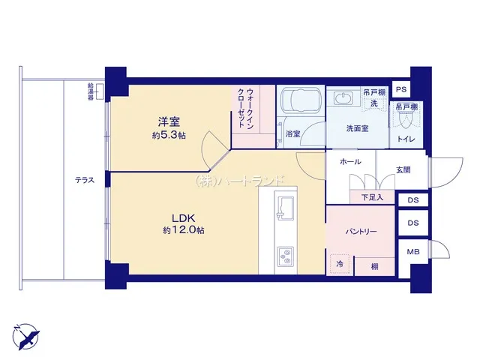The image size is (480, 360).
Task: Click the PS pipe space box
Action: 401,89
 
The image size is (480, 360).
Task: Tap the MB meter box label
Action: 413,252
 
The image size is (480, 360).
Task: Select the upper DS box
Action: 413,200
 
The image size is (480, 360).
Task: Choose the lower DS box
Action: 413,223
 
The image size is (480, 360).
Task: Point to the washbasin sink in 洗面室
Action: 343,99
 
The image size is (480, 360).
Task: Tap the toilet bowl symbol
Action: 406,121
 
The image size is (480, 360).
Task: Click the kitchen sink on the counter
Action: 285,207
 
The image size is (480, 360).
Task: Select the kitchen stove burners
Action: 285,256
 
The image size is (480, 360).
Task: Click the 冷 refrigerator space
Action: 340,264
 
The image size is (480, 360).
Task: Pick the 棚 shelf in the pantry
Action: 375,267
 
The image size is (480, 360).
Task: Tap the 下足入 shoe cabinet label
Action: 372,197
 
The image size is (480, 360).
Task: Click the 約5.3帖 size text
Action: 169,135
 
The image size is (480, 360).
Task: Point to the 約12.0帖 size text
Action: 184,230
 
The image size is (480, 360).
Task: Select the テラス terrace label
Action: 85,180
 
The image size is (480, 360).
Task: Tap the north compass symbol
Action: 26,337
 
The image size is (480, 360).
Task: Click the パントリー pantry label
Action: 361,232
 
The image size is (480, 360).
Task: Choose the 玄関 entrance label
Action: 403,169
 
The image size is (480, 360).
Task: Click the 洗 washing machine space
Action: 374,103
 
